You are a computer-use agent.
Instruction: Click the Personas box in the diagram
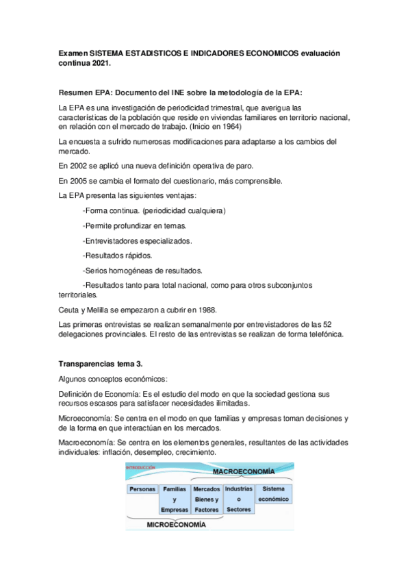click(142, 489)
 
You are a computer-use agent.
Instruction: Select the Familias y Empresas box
click(175, 499)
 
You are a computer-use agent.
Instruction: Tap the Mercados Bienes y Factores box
click(206, 499)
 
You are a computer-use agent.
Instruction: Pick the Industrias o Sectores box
click(238, 499)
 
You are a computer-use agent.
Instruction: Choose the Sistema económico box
click(273, 493)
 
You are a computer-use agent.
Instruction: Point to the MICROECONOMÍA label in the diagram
click(177, 524)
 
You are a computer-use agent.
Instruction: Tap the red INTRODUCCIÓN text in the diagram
click(142, 468)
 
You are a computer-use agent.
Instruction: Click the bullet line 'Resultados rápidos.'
click(117, 256)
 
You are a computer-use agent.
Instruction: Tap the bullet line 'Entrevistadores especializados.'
click(137, 240)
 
